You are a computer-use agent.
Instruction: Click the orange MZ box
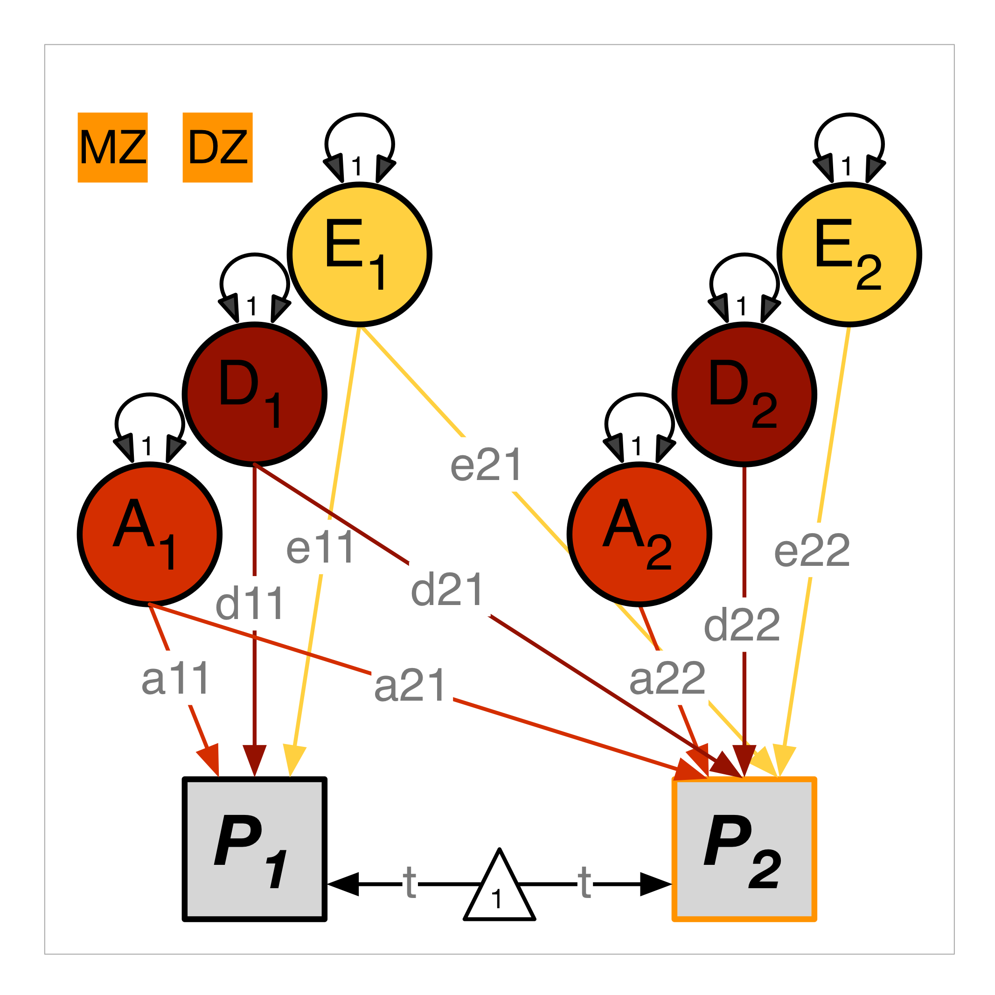point(112,147)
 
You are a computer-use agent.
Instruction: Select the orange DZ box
point(217,147)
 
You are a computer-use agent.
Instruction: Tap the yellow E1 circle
point(360,254)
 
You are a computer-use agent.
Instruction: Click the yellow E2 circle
point(849,254)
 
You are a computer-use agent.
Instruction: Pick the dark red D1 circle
point(254,395)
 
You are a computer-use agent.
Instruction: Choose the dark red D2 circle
point(744,395)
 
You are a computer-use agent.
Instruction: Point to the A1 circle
point(149,534)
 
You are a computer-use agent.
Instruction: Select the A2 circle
point(639,534)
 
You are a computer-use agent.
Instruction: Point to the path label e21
point(486,465)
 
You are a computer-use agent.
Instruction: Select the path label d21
point(447,590)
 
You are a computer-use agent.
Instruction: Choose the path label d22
point(742,625)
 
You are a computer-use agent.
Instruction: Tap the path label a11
point(175,679)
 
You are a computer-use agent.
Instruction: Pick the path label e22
point(812,551)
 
